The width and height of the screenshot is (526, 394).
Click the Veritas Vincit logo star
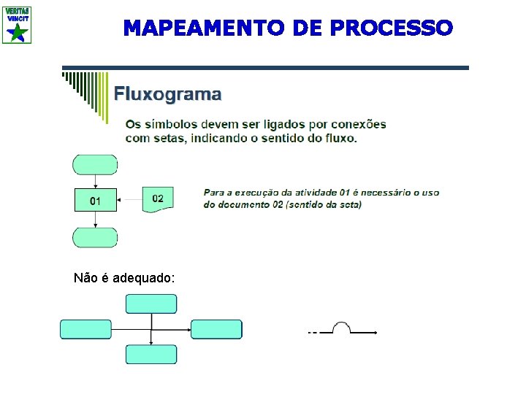pos(18,33)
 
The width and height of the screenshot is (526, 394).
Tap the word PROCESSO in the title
pos(392,28)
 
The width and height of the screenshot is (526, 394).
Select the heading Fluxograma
pos(167,94)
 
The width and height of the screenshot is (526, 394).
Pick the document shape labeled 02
pos(158,198)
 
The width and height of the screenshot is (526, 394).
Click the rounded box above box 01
pos(95,165)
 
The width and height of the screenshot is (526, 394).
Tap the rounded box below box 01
pos(95,238)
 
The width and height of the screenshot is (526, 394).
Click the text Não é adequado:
pos(124,278)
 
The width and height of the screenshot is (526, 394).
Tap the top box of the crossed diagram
pos(151,304)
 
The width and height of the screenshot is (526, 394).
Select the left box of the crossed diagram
pos(85,329)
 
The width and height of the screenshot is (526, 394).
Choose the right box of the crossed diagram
pos(216,329)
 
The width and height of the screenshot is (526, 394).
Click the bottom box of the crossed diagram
pos(151,355)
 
